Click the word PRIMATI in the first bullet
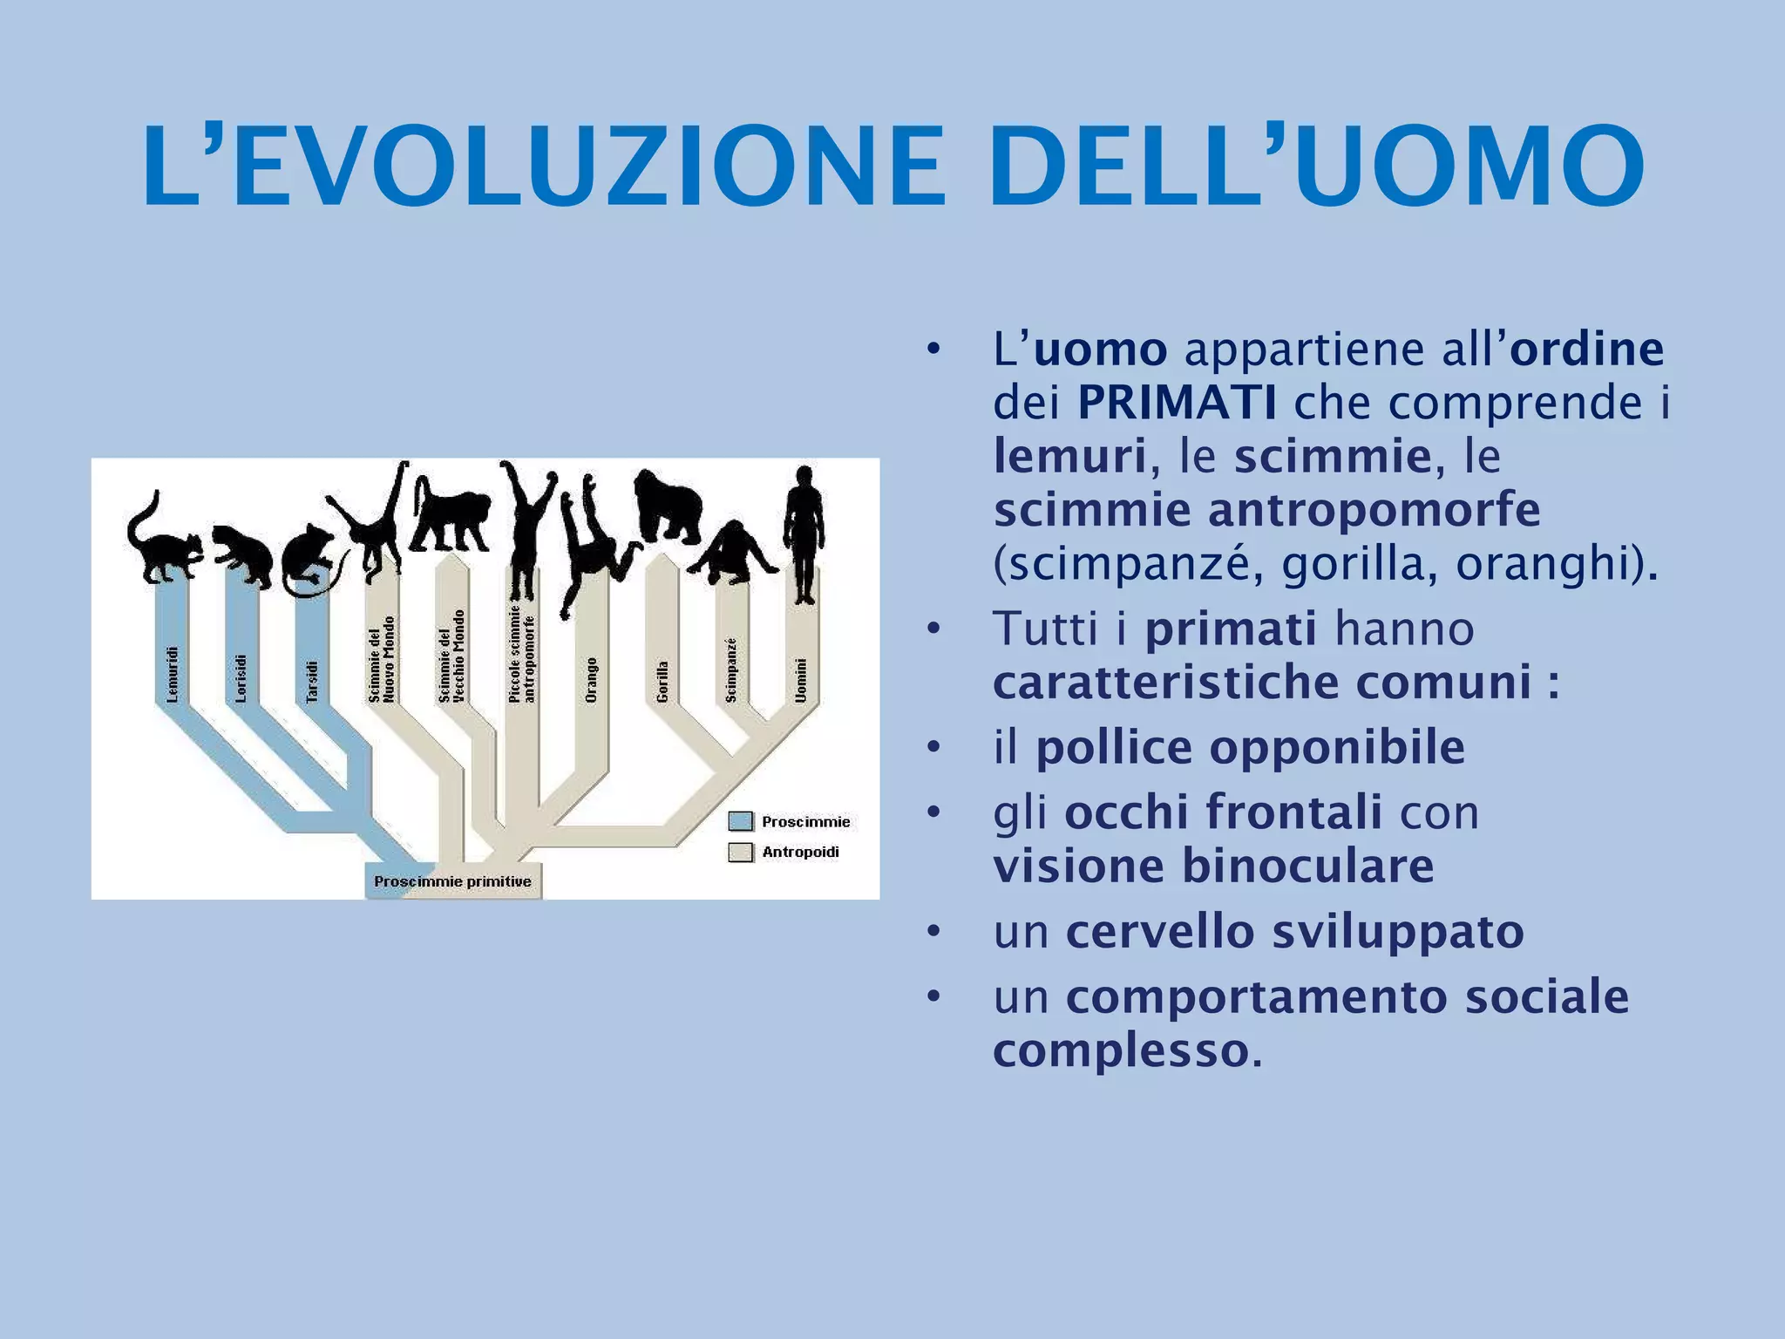click(1177, 403)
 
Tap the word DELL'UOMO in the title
click(1316, 167)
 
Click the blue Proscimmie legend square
click(740, 821)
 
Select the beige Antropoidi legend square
click(740, 852)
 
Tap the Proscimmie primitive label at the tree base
click(452, 881)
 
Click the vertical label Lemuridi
click(172, 674)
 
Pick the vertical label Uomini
click(801, 679)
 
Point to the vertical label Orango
click(591, 680)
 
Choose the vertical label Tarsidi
click(312, 681)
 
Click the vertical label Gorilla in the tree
click(662, 681)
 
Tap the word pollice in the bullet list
click(1112, 748)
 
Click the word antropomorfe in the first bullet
click(1374, 511)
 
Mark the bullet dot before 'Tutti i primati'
click(933, 629)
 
